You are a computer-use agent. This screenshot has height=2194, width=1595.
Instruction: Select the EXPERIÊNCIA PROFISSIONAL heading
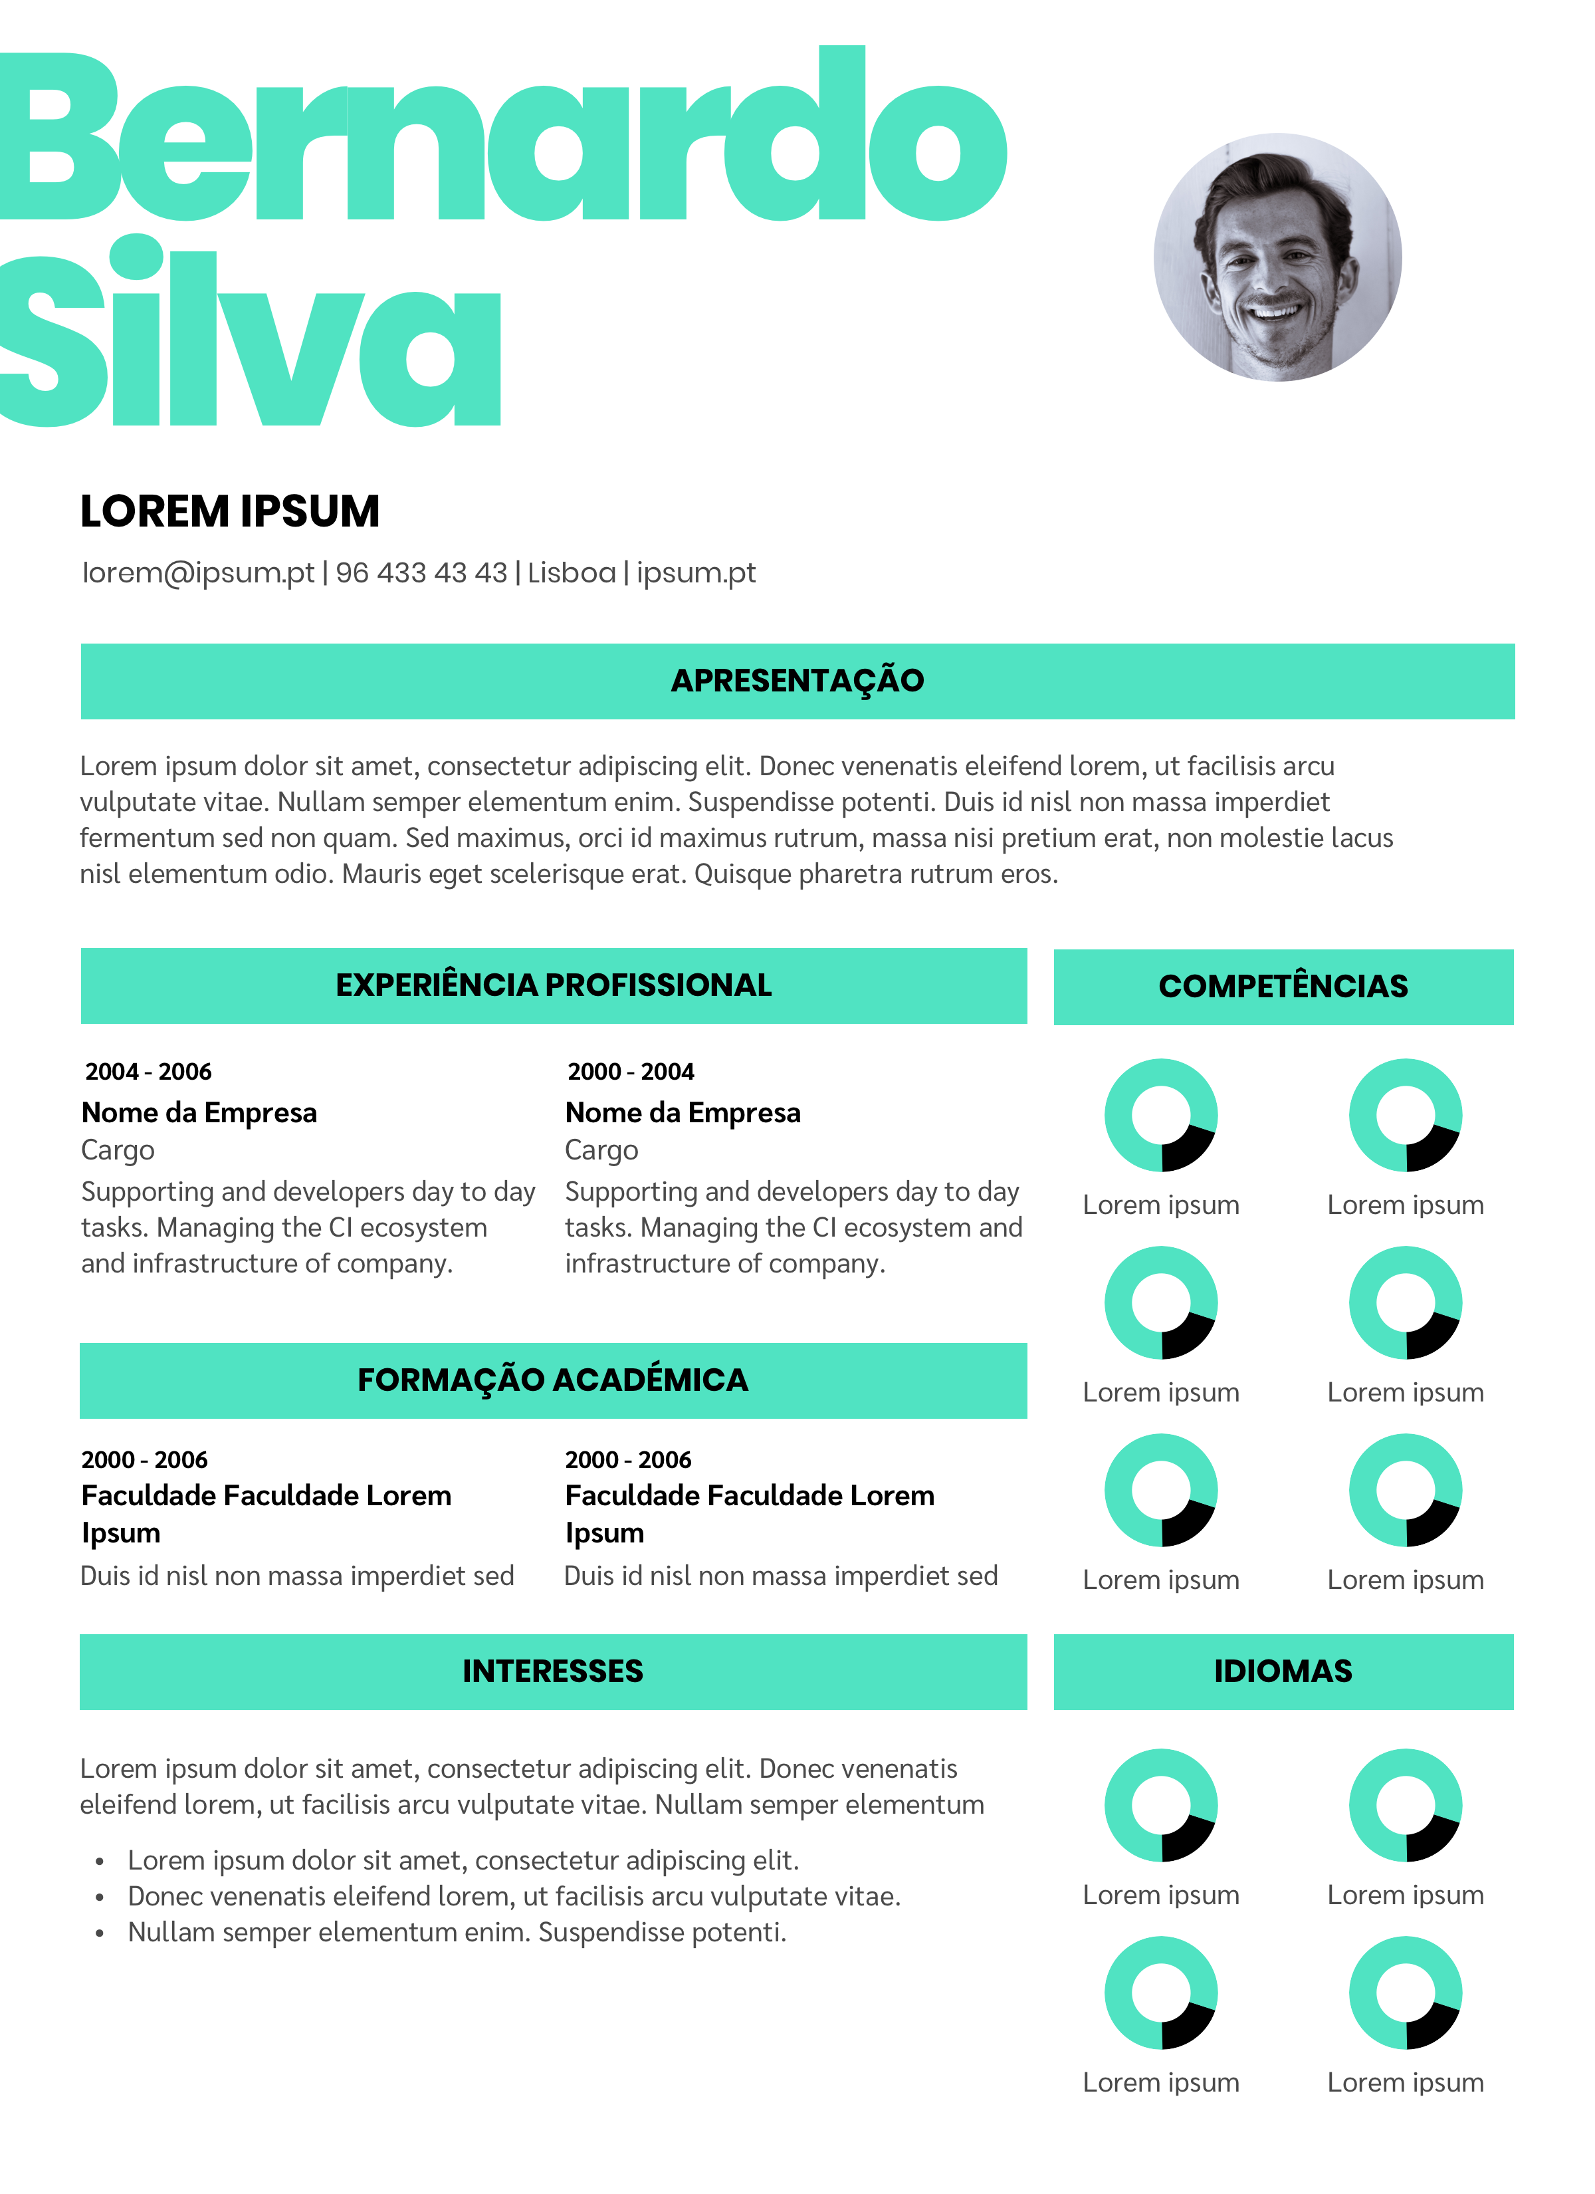554,985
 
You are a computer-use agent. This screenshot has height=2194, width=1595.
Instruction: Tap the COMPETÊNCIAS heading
1283,986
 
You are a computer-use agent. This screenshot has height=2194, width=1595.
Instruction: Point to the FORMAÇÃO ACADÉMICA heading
554,1380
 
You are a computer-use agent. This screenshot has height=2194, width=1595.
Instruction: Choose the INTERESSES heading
554,1671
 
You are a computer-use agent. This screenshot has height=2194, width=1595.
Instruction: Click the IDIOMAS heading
1283,1671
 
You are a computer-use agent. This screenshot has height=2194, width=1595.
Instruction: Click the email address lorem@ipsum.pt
198,572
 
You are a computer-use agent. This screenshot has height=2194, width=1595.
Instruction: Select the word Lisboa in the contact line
571,572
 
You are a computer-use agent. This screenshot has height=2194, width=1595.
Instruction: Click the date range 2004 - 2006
148,1071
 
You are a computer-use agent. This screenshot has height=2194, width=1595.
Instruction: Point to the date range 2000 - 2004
631,1071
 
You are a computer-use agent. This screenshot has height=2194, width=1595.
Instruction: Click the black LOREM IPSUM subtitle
229,511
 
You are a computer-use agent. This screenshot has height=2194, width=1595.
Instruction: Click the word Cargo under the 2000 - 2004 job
601,1150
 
